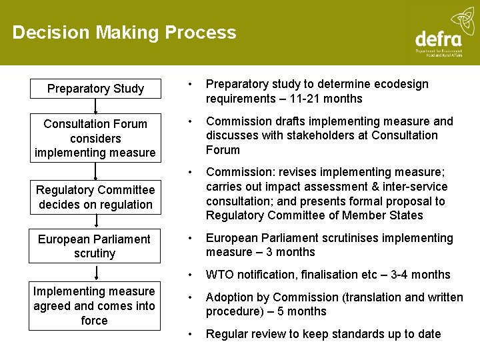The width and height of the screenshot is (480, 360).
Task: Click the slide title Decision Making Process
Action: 124,33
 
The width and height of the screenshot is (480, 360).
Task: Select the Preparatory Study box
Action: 95,89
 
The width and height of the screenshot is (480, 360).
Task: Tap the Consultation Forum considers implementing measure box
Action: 95,138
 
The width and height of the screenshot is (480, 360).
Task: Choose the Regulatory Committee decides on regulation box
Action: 95,197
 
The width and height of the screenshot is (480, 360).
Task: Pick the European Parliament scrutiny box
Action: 95,246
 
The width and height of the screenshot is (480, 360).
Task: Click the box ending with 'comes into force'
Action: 94,306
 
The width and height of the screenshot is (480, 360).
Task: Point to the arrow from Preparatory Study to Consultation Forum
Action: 95,105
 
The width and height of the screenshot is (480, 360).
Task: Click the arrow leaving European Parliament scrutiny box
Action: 95,272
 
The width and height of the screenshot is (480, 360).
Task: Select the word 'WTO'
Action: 219,275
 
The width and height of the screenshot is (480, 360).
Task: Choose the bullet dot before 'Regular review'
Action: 190,334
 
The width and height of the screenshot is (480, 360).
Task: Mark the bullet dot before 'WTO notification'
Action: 190,275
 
